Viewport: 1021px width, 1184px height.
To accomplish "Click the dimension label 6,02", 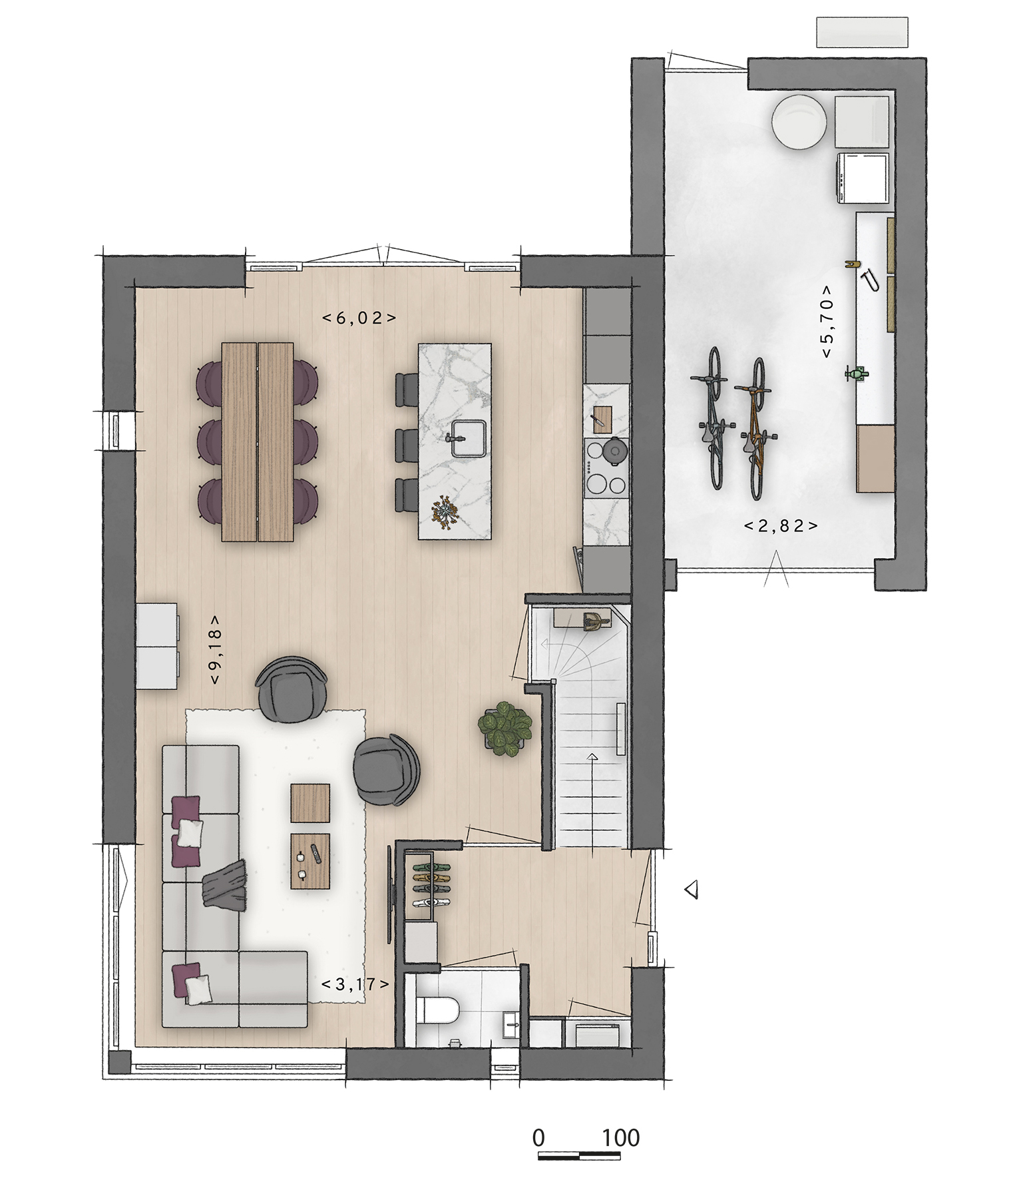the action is tap(359, 318).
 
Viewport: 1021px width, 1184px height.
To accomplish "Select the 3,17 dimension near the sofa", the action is tap(355, 984).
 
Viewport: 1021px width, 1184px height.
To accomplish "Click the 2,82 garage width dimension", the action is tap(781, 525).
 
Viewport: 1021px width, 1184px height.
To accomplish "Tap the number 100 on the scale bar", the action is tap(621, 1138).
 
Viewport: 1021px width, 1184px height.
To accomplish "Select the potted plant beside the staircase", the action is tap(505, 730).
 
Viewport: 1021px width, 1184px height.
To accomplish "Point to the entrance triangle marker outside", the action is tap(692, 889).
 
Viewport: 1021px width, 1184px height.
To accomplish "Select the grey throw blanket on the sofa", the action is tap(224, 881).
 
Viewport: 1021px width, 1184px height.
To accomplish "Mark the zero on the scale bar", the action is tap(539, 1138).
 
